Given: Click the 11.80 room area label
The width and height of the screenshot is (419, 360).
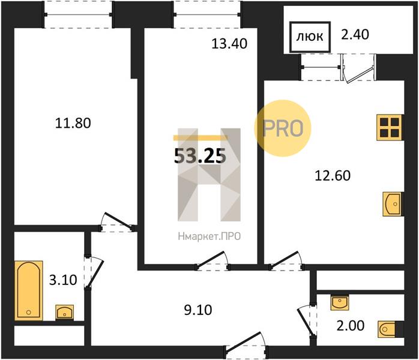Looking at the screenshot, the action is click(73, 123).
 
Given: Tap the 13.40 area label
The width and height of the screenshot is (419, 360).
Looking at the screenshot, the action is click(229, 44).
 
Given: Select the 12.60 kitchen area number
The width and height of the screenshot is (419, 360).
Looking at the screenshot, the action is click(333, 176).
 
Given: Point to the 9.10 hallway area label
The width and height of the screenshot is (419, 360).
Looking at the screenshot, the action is click(198, 310).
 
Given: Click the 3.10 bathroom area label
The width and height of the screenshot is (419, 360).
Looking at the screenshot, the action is click(64, 280).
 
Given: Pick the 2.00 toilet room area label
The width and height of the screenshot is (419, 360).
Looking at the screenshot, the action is click(351, 326).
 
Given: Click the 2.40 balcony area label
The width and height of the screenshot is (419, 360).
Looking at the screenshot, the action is click(355, 35).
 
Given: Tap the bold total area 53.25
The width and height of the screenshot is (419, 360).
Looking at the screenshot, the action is click(200, 156).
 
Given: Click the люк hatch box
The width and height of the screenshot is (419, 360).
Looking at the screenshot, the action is click(310, 37).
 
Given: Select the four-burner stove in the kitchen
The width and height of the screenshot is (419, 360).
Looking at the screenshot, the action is click(390, 127).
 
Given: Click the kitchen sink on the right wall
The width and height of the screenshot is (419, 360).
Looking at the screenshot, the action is click(392, 204).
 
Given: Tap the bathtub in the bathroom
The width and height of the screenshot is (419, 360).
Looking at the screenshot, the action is click(29, 290).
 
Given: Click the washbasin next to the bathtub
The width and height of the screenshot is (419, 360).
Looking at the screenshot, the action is click(65, 312).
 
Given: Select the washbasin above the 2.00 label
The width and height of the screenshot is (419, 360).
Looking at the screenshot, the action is click(339, 302).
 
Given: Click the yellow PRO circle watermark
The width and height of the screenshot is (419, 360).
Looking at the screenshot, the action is click(283, 128).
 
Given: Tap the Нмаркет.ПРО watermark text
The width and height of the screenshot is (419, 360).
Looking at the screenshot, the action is click(209, 236).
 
